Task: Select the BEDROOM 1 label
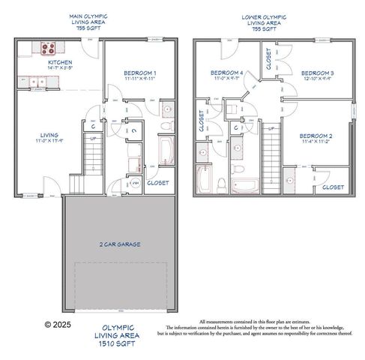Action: point(140,72)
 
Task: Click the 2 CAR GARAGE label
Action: point(119,244)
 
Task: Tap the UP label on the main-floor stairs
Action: point(92,138)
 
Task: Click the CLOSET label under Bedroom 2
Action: point(333,187)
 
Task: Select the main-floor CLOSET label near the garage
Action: point(158,182)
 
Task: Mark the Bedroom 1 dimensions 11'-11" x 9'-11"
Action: point(140,78)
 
